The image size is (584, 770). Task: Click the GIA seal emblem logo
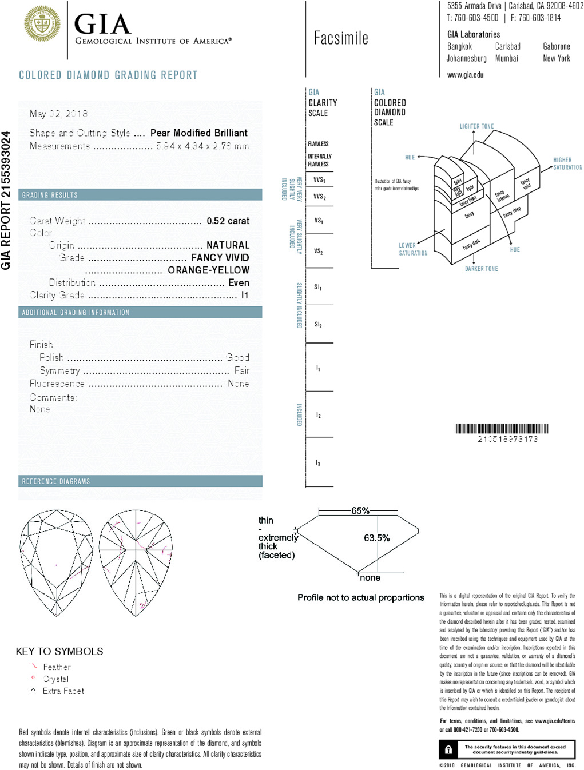(42, 24)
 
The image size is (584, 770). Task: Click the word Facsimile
(341, 39)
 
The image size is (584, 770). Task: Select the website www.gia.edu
(465, 75)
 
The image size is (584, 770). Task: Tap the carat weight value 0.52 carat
(228, 221)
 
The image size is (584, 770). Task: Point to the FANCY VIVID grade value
(220, 258)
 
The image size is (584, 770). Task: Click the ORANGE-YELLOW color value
(208, 270)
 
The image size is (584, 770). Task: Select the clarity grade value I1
(245, 296)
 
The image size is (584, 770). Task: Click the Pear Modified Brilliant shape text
(198, 133)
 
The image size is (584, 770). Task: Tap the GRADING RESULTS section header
(50, 196)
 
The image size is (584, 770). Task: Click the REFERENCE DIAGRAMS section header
(56, 481)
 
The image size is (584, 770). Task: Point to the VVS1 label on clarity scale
(319, 180)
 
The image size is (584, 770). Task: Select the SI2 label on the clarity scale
(318, 325)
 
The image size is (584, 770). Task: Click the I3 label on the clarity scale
(318, 462)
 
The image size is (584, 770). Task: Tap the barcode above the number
(502, 429)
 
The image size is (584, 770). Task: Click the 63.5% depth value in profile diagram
(376, 538)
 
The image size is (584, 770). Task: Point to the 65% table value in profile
(360, 510)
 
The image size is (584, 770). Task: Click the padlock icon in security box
(448, 749)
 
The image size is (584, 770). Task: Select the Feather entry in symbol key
(57, 667)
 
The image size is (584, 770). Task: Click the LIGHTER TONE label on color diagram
(476, 126)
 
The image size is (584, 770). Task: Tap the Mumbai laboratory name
(507, 58)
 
